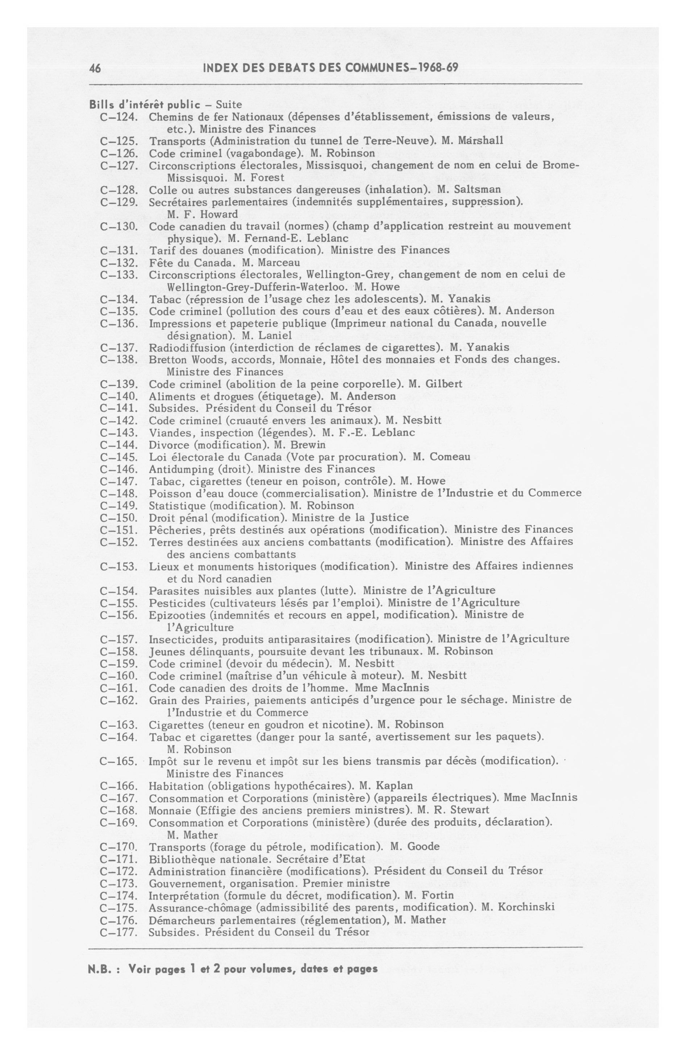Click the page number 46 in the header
pyautogui.click(x=95, y=68)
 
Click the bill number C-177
pyautogui.click(x=118, y=932)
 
